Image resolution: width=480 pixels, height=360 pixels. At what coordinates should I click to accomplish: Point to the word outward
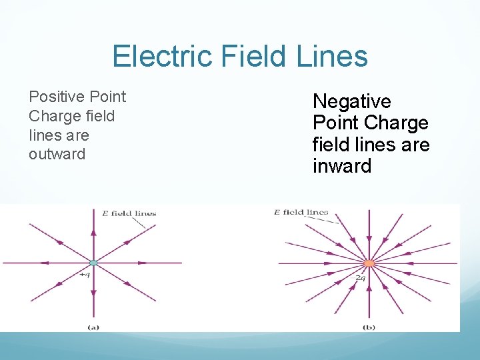[57, 154]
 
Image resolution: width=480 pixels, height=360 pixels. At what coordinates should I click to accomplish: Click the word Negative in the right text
[352, 101]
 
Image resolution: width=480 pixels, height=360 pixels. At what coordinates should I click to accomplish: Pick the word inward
[342, 166]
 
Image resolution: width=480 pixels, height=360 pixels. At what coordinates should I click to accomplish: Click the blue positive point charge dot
[93, 263]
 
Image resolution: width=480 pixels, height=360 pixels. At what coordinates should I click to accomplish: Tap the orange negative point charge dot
[369, 263]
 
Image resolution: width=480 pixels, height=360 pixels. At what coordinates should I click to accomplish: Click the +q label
[85, 275]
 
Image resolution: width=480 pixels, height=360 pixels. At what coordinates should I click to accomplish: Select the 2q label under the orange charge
[361, 277]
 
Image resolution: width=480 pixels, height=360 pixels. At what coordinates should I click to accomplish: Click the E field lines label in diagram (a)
[129, 214]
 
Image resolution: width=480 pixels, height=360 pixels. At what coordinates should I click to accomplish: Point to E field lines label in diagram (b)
[301, 213]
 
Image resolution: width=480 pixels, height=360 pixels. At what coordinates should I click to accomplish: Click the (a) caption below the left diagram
[93, 327]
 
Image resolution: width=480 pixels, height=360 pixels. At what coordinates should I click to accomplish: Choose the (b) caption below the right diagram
[369, 327]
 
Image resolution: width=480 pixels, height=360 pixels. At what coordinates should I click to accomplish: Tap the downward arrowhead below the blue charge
[93, 295]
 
